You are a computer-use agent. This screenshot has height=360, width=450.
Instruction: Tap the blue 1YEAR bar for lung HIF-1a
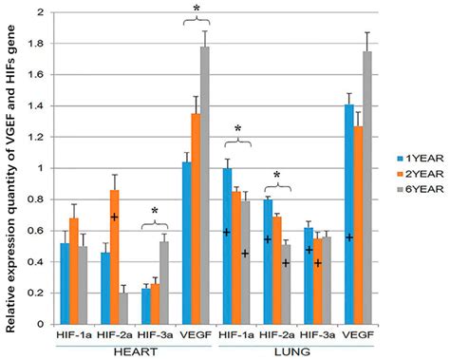[x=226, y=246]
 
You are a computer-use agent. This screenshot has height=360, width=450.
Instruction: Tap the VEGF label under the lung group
[x=328, y=333]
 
